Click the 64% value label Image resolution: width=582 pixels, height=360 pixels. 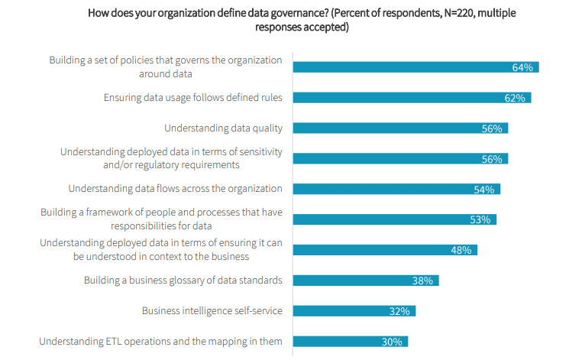[x=522, y=67]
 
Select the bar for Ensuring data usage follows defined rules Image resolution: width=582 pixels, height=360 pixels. [x=412, y=98]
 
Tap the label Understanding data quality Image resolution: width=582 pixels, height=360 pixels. [x=223, y=128]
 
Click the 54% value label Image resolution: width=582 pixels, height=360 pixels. [x=483, y=190]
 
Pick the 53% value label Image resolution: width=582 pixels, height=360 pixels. [x=480, y=220]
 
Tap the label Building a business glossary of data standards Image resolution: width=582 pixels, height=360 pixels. [x=183, y=280]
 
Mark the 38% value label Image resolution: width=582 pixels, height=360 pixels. [x=422, y=281]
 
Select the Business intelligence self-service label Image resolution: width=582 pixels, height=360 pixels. [x=212, y=310]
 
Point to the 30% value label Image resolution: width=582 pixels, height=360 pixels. [x=392, y=342]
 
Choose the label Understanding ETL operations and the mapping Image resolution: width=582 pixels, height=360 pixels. [x=160, y=341]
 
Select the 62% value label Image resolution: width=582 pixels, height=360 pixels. [x=514, y=98]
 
